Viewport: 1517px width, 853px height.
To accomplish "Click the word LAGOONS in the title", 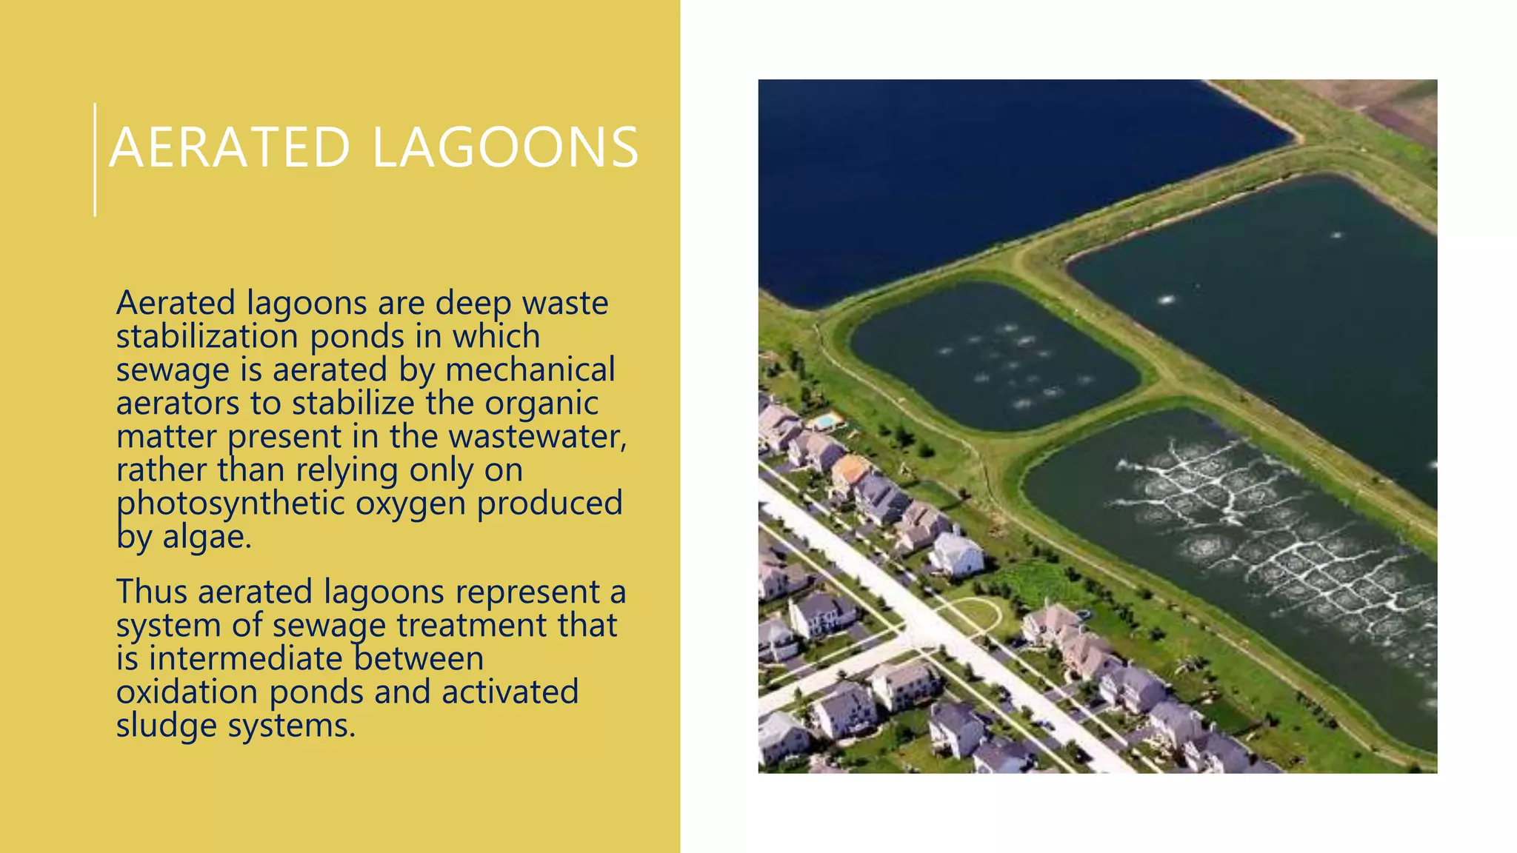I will click(x=505, y=147).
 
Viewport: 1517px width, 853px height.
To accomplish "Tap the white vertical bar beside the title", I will click(x=95, y=160).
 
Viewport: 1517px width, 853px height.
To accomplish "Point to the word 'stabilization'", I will click(x=207, y=336).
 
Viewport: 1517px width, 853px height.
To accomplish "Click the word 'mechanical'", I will click(x=530, y=369).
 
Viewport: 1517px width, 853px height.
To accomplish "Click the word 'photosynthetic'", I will click(x=230, y=504).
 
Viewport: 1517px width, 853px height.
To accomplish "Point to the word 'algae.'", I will click(x=207, y=537).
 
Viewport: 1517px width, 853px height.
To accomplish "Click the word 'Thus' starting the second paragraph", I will click(x=151, y=592).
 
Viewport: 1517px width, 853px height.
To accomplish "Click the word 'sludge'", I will click(x=165, y=726).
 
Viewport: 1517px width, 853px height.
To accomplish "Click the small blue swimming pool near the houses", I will click(x=824, y=421).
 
